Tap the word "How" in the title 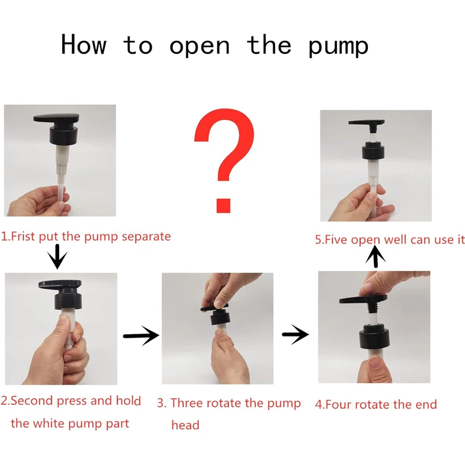click(83, 44)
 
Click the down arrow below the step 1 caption click(58, 256)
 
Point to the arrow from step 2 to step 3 click(141, 336)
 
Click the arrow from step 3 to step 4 click(295, 335)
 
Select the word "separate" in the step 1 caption click(146, 237)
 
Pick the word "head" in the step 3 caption click(185, 425)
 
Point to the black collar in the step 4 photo click(375, 337)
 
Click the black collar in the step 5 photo click(373, 152)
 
